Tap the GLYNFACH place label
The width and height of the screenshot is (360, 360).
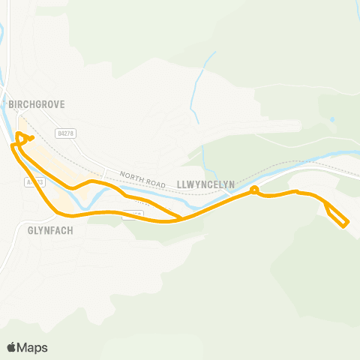click(x=49, y=230)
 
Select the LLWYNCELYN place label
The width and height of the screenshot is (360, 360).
click(x=206, y=183)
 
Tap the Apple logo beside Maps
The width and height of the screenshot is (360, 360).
click(x=12, y=347)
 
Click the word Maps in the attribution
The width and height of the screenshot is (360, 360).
click(x=33, y=347)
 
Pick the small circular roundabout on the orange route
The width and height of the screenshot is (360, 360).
click(x=254, y=190)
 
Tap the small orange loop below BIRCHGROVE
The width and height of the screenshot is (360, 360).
click(x=23, y=137)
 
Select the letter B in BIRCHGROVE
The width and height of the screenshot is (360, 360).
click(x=11, y=105)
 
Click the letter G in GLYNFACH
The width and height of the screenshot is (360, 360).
click(x=28, y=230)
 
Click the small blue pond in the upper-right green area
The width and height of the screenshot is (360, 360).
click(x=331, y=119)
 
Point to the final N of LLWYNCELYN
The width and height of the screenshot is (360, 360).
click(x=233, y=183)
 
